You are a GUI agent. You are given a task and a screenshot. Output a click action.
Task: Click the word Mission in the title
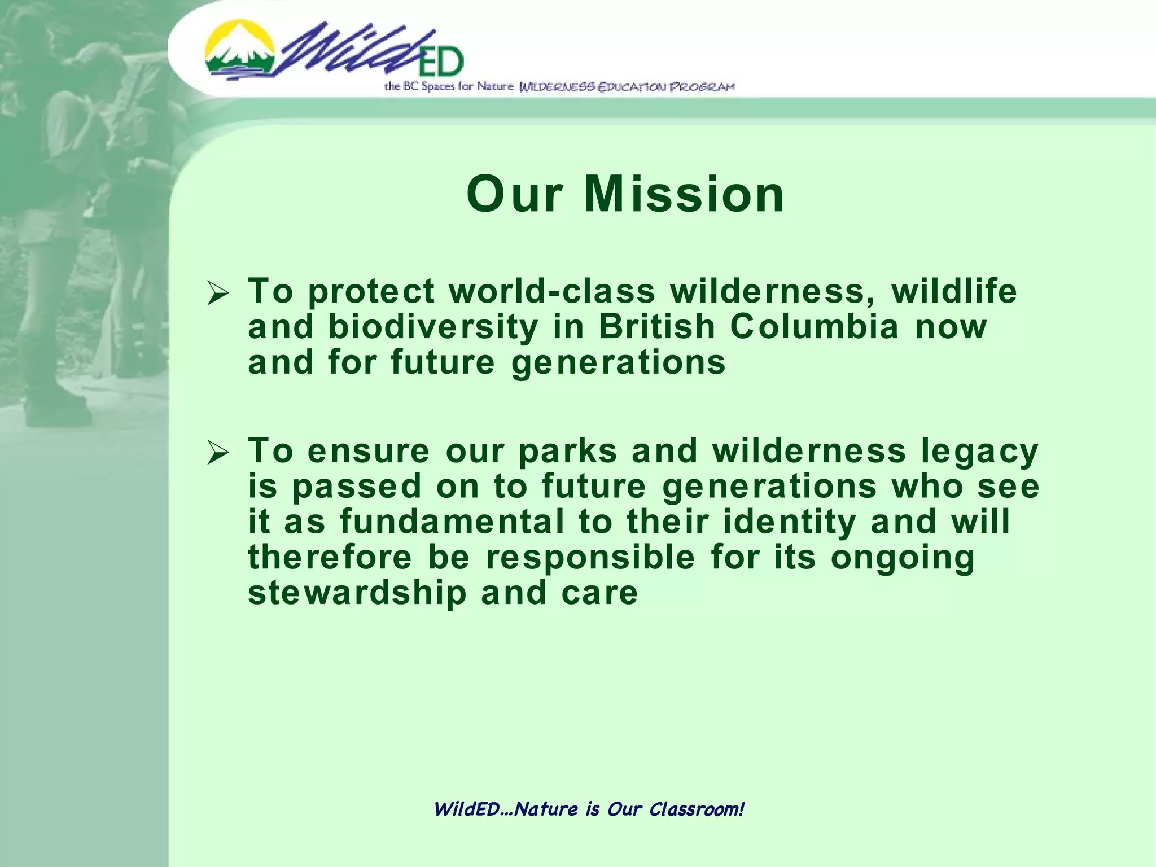point(684,195)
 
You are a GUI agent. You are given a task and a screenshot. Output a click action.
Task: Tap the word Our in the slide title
point(514,195)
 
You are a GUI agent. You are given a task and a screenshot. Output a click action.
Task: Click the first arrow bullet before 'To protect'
point(218,294)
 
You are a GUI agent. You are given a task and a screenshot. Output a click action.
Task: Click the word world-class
point(552,291)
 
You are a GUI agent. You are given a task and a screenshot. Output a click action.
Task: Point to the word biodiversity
point(433,327)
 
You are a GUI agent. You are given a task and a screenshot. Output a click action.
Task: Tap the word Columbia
point(814,327)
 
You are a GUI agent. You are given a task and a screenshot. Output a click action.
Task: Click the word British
point(657,327)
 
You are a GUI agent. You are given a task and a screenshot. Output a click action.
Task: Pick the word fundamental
point(452,522)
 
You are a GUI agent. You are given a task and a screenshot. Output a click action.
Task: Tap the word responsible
point(590,558)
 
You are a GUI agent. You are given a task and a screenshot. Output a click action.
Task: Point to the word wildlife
point(954,291)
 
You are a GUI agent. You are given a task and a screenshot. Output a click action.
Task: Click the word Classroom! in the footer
point(697,809)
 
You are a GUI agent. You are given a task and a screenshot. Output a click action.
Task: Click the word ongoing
point(903,558)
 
